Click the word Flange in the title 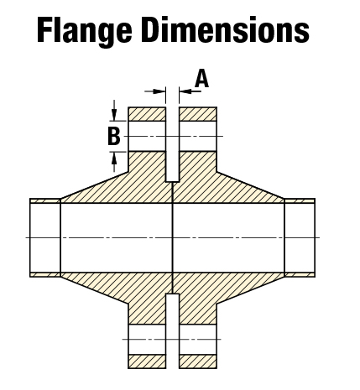click(84, 31)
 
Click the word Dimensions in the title click(225, 29)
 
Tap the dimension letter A click(202, 79)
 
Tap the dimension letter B click(114, 136)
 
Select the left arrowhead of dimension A click(159, 91)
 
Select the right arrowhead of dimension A click(185, 91)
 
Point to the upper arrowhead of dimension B click(114, 115)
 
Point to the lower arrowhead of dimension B click(114, 158)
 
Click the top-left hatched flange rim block click(147, 114)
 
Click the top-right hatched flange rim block click(198, 114)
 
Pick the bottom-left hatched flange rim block click(147, 361)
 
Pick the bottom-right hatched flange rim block click(198, 361)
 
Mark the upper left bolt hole click(147, 136)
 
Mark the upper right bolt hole click(198, 136)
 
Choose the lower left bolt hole click(147, 339)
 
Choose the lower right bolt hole click(198, 339)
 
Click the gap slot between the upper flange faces click(173, 144)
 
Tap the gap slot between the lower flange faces click(173, 331)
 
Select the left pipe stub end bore click(45, 237)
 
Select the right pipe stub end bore click(300, 237)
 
